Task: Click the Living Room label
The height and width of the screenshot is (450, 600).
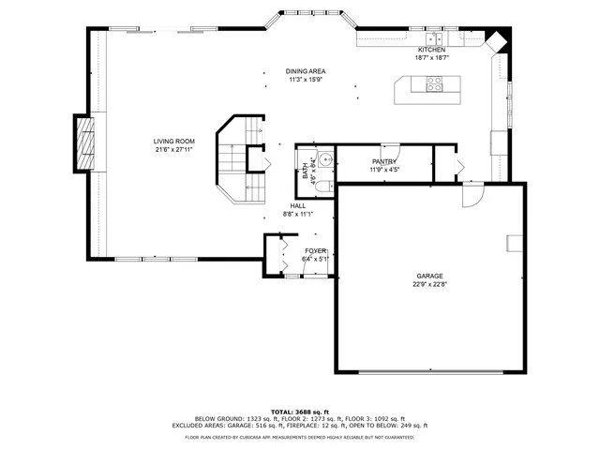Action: [173, 142]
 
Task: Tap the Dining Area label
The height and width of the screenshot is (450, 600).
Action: [306, 71]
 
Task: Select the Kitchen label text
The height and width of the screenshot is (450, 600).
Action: [432, 50]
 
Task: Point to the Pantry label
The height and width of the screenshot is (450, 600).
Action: [384, 162]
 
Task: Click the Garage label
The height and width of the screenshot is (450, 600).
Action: [430, 276]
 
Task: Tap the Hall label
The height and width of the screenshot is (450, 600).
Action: [297, 205]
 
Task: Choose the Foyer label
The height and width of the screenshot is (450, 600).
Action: [314, 251]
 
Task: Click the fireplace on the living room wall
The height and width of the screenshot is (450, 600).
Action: [85, 143]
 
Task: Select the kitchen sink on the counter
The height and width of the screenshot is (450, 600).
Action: [435, 38]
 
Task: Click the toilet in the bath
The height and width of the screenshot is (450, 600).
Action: [322, 187]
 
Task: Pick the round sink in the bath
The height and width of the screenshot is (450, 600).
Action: [324, 159]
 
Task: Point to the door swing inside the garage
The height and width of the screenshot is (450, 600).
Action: [474, 194]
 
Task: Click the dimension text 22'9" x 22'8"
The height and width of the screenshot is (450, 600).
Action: [430, 285]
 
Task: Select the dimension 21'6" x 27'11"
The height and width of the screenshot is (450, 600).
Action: [173, 150]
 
